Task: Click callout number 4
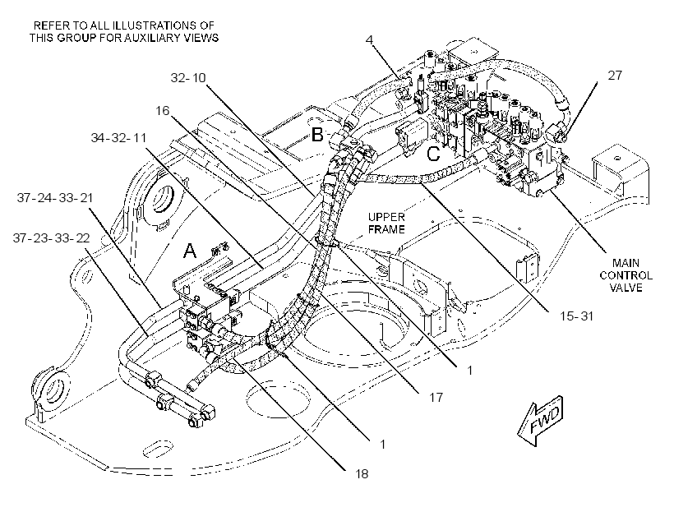(370, 40)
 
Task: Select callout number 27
(615, 76)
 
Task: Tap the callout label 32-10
(188, 78)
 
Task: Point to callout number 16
(163, 111)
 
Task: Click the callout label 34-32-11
(118, 138)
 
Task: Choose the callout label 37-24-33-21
(55, 198)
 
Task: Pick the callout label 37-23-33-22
(52, 238)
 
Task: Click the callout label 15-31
(576, 316)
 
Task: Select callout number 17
(436, 397)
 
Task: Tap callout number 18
(362, 474)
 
